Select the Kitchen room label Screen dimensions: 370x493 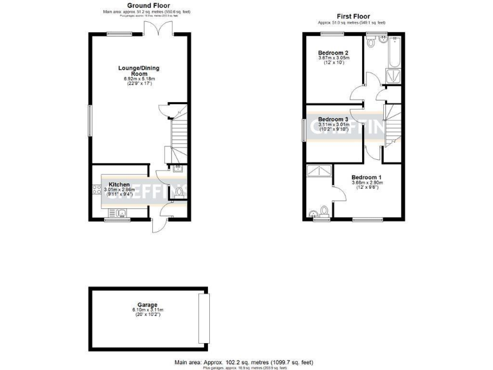coord(119,184)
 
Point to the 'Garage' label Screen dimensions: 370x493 coord(147,305)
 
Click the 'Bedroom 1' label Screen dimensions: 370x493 coord(367,177)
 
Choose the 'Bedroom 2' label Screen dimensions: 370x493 coord(333,53)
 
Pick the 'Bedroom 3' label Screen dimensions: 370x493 coord(333,119)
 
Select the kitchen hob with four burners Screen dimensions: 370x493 coord(96,189)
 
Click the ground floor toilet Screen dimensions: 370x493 coord(178,191)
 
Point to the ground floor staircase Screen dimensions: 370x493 coord(177,135)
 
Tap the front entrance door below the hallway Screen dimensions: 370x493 coord(157,225)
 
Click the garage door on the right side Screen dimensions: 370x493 coord(205,319)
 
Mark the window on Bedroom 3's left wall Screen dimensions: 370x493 coord(304,128)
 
